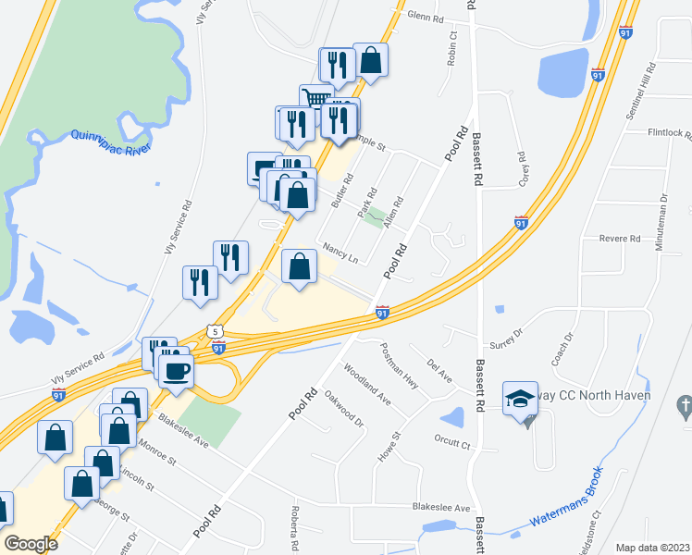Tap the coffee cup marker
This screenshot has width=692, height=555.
coord(176,371)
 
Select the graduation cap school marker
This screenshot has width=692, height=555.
coord(519,399)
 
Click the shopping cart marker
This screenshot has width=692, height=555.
coord(315,98)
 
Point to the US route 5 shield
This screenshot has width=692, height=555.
coord(215,330)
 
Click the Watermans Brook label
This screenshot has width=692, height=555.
coord(567,504)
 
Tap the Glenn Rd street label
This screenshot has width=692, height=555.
coord(426,18)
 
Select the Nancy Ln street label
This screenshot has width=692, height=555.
coord(340,253)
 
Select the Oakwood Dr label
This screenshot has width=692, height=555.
coord(343,408)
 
